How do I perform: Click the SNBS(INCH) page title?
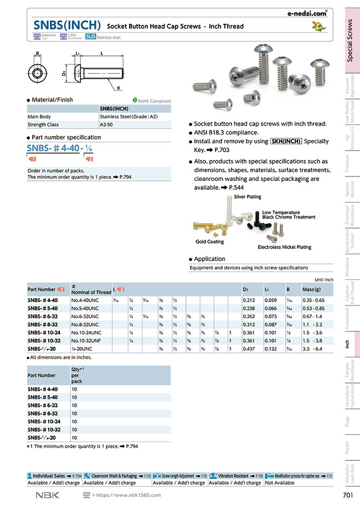point(67,25)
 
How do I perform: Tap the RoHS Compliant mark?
point(152,101)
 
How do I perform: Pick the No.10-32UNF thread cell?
point(85,341)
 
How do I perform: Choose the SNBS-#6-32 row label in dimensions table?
point(42,317)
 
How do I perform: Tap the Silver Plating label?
point(247,197)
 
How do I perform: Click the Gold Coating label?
point(209,242)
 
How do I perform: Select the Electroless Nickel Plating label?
point(284,247)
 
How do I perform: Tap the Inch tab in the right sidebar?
point(347,344)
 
